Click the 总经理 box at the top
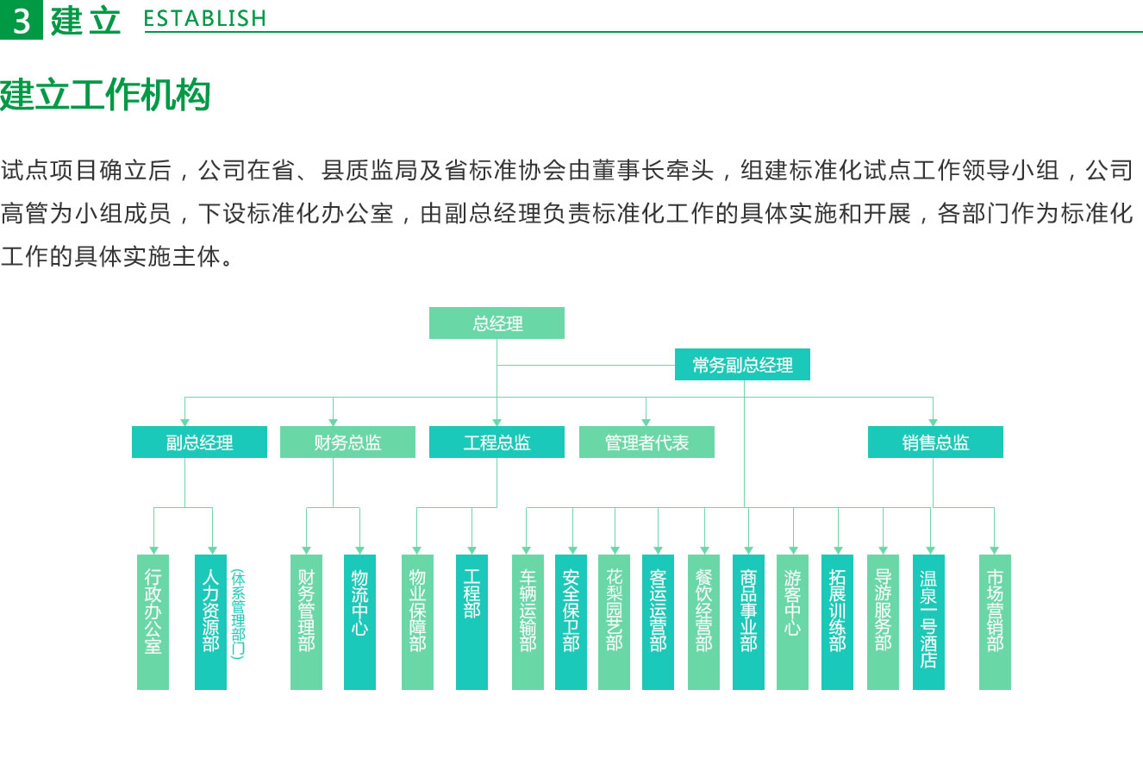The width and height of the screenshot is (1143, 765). (x=497, y=323)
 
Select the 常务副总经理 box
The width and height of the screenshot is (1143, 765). (x=742, y=364)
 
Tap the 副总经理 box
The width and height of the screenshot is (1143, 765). (x=199, y=442)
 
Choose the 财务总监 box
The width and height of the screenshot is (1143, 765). (x=347, y=442)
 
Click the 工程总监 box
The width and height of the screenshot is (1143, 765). (x=497, y=442)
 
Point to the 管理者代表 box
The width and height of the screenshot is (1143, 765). (x=646, y=442)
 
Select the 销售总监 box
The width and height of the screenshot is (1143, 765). (x=935, y=442)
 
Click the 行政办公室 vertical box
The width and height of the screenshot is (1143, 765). (x=153, y=622)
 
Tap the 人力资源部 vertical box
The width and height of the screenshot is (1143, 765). (x=210, y=622)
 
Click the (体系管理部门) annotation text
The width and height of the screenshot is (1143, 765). (x=238, y=614)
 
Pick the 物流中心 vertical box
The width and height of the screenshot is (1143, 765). (x=359, y=622)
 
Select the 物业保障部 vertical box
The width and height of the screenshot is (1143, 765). (x=417, y=622)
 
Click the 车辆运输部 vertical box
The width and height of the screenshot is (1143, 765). (x=528, y=622)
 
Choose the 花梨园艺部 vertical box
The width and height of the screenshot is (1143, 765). (x=615, y=622)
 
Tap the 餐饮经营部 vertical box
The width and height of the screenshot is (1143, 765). (x=703, y=622)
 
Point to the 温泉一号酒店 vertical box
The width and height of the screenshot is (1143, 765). (x=928, y=622)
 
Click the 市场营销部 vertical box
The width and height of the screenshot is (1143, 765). (x=995, y=622)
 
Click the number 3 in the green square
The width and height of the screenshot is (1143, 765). (x=22, y=21)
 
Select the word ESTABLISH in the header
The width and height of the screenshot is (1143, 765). (x=205, y=19)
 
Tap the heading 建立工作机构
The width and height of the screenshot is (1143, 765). (x=105, y=95)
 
